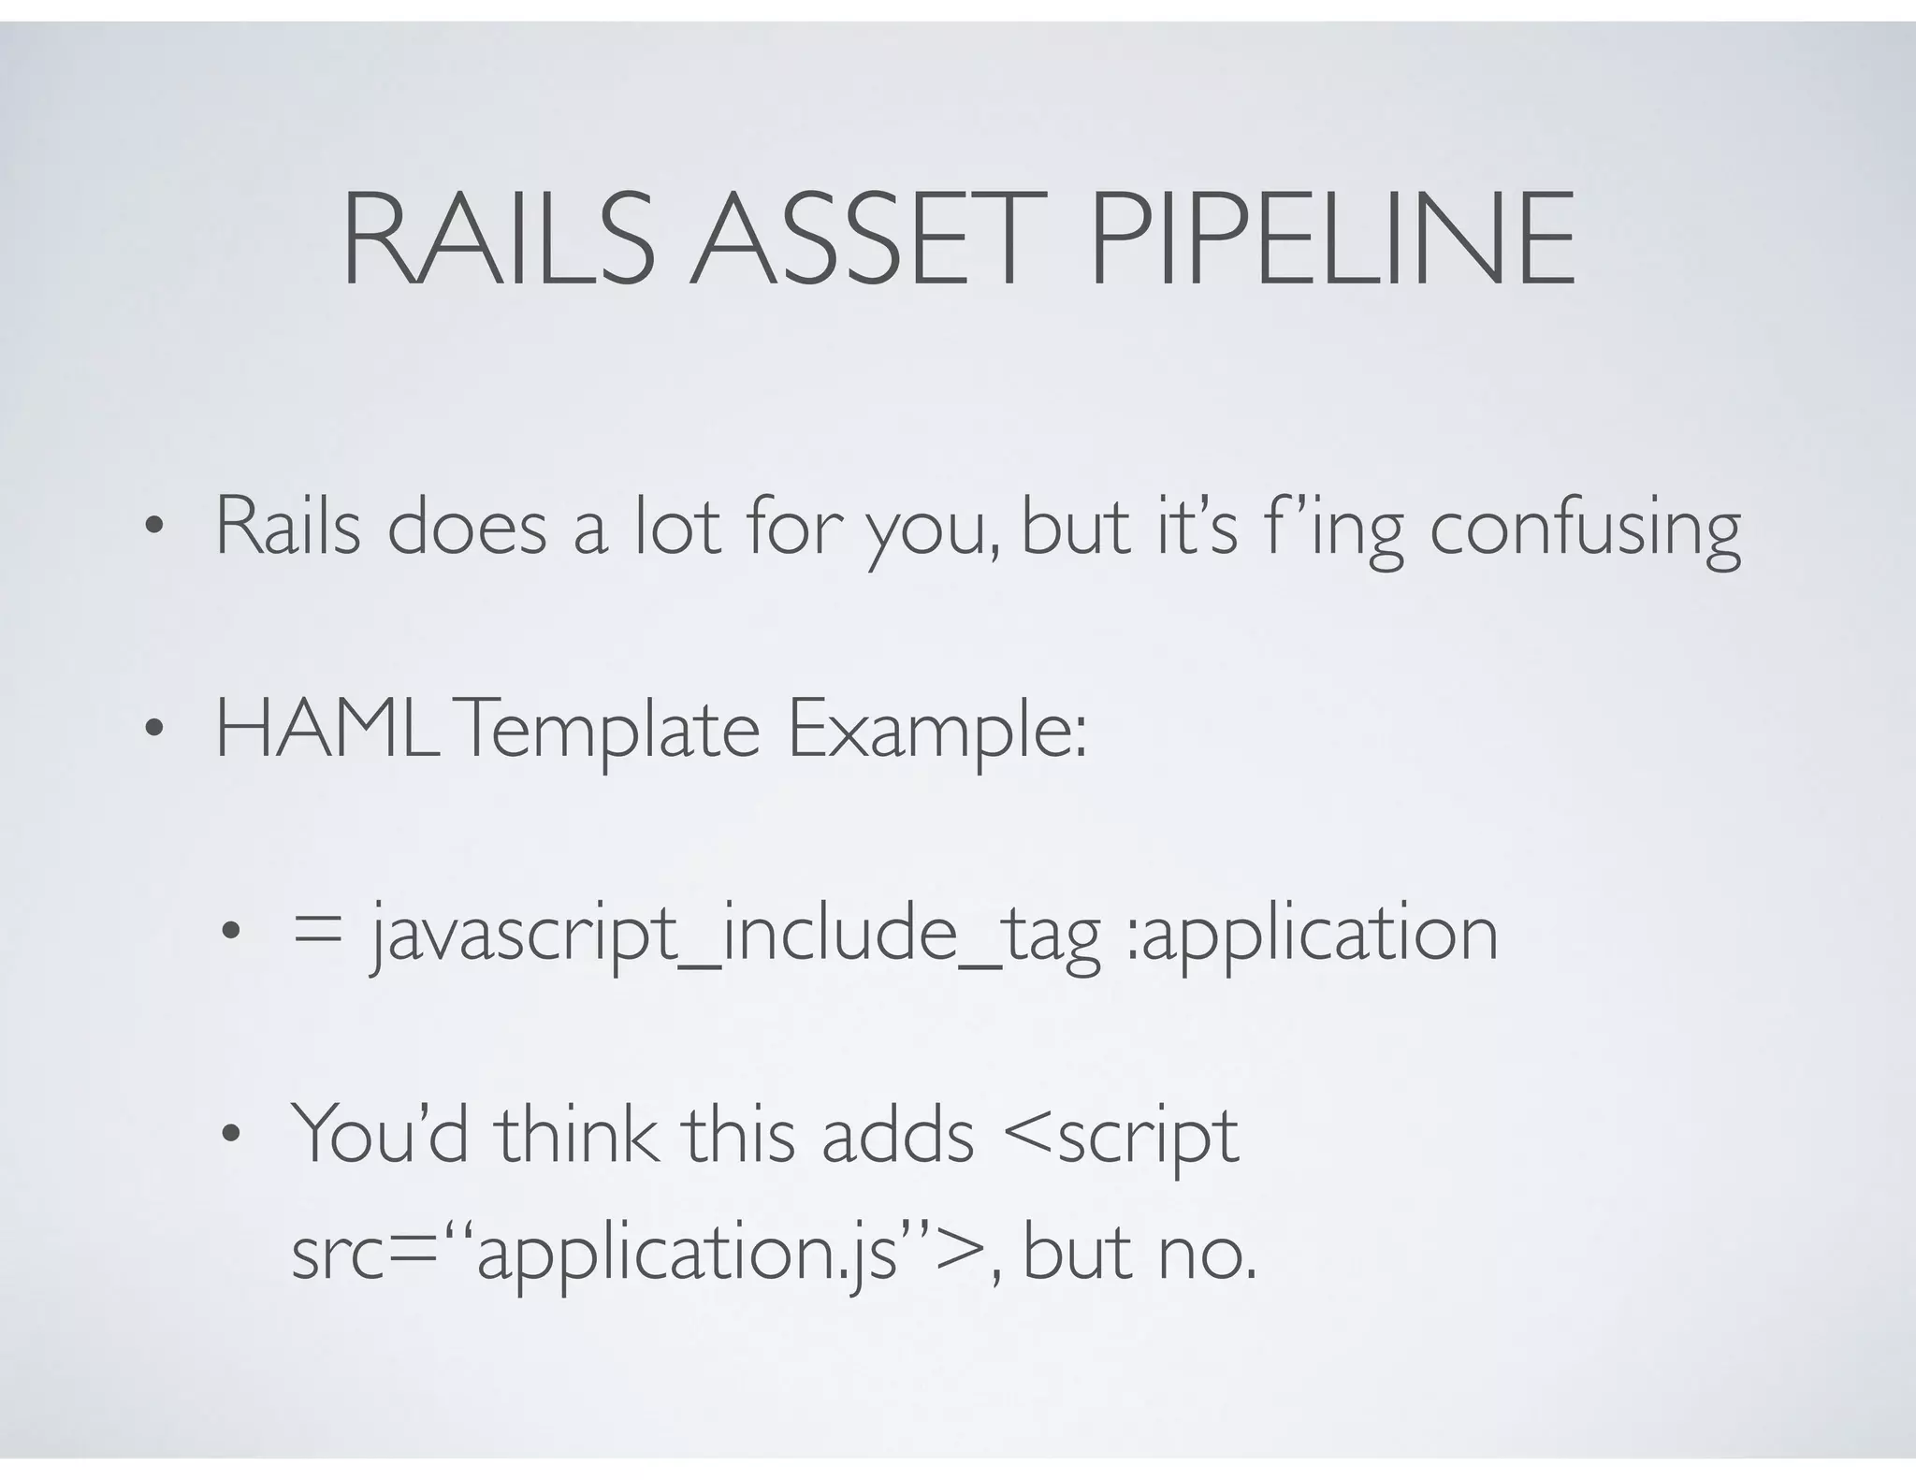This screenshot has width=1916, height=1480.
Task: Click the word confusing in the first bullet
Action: (x=1585, y=530)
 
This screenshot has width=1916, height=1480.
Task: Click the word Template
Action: (x=609, y=733)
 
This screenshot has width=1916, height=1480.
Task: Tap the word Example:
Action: (x=936, y=733)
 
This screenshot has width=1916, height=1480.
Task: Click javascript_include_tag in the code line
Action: (x=735, y=935)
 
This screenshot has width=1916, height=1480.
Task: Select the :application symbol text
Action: (x=1311, y=935)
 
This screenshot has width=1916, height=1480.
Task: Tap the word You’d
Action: (x=379, y=1135)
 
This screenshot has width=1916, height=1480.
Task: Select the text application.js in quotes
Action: (x=688, y=1255)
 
